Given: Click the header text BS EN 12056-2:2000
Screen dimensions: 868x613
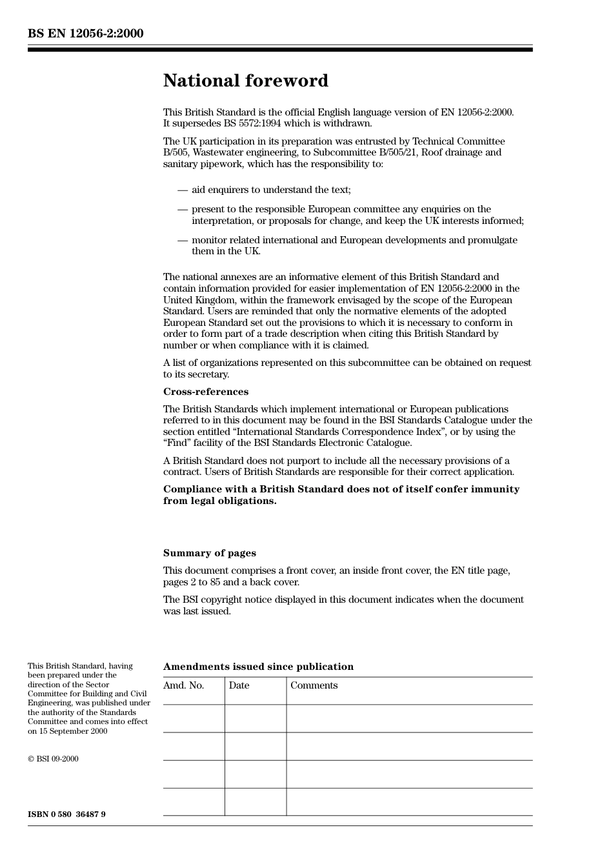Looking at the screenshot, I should (85, 34).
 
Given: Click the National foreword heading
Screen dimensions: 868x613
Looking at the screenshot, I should (245, 81).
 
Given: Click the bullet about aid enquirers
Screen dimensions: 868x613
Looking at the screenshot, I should (270, 190).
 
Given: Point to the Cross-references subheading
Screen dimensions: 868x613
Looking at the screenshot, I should (205, 392).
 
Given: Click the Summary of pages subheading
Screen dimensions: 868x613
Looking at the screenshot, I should (209, 553).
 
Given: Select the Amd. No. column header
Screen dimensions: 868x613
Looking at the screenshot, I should (183, 685).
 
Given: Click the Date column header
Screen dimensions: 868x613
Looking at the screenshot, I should (239, 685).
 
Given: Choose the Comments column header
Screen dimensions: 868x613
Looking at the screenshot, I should (314, 685).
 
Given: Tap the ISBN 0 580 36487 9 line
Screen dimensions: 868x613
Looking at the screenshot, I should (66, 814).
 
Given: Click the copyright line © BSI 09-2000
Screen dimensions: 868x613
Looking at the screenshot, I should (53, 759).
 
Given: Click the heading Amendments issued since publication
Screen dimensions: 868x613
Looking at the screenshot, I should (258, 667).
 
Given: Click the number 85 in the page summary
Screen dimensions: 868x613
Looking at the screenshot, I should (215, 582).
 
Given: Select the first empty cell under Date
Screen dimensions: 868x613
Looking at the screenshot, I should (256, 718).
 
